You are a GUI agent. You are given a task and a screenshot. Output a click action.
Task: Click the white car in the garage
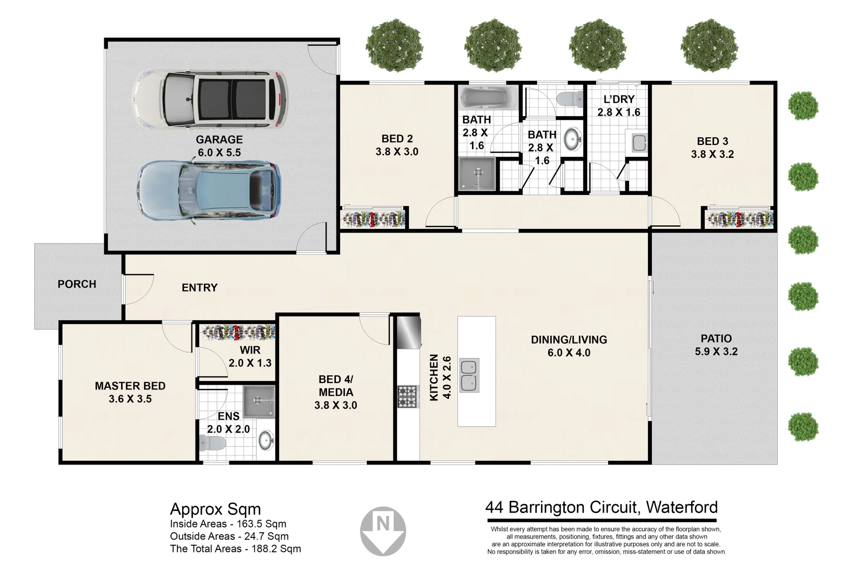pos(209,99)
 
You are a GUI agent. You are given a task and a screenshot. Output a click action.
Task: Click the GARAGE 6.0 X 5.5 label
pos(219,146)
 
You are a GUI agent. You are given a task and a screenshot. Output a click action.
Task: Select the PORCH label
pos(77,284)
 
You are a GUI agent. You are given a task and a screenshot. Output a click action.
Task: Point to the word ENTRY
pos(199,288)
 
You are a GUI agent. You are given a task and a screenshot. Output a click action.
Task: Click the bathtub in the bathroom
pos(488,98)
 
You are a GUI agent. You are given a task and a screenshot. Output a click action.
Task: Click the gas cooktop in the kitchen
pos(408,396)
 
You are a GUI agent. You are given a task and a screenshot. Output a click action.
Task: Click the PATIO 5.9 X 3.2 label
pos(716,345)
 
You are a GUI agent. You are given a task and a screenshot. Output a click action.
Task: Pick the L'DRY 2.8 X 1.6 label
pos(619,106)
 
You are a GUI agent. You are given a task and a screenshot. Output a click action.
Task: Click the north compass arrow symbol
pos(383,530)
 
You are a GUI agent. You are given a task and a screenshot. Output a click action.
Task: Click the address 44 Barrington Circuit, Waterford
pos(601,507)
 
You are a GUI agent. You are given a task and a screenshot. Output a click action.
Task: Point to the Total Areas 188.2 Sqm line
pos(235,549)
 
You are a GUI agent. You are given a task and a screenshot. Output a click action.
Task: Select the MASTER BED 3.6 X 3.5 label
pos(130,393)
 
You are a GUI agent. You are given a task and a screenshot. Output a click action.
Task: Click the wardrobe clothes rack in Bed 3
pos(739,219)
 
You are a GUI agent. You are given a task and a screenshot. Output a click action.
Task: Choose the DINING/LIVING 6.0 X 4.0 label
pos(569,346)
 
